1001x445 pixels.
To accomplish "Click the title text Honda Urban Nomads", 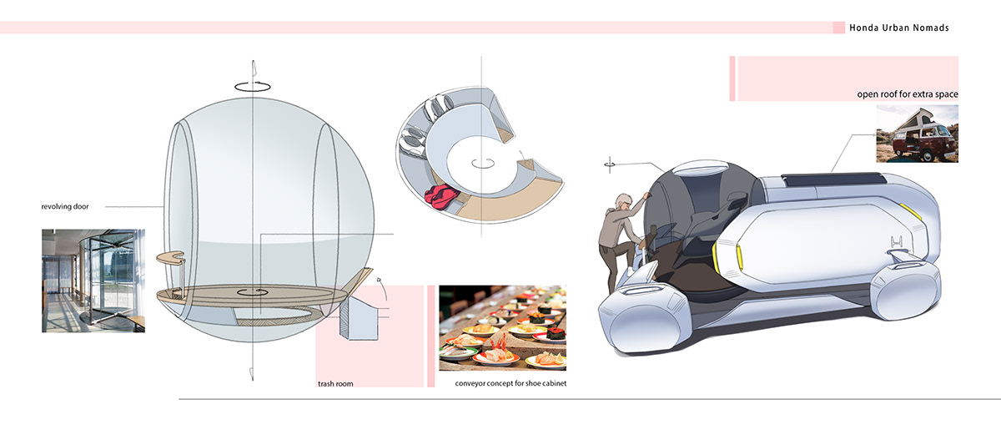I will click(x=898, y=28).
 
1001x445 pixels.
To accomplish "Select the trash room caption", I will click(x=335, y=384).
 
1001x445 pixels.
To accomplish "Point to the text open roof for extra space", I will click(x=908, y=94).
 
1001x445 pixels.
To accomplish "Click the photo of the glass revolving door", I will click(x=93, y=281).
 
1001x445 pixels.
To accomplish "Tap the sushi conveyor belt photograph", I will click(x=502, y=327).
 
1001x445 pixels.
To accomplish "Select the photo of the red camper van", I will click(x=917, y=134).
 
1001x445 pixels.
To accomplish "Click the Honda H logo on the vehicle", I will click(x=898, y=243).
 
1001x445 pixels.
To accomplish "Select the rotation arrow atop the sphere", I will click(x=252, y=84).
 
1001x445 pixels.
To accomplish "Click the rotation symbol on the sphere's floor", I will click(x=251, y=293).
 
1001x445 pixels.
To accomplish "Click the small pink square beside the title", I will click(x=838, y=28).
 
